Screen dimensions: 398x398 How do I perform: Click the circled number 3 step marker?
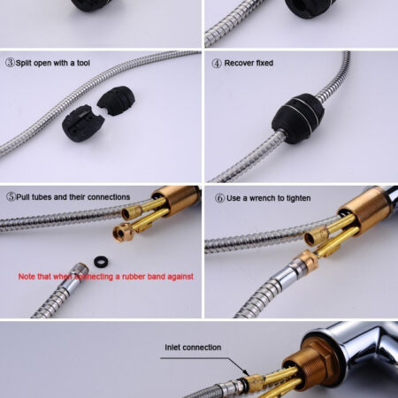pos(10,63)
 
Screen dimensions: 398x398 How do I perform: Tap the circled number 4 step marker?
pos(217,64)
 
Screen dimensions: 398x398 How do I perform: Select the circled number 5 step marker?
pos(11,196)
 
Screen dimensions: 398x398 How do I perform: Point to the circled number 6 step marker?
pos(220,198)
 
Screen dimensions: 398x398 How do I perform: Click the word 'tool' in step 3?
pos(83,63)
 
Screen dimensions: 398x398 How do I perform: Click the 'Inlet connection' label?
pos(193,348)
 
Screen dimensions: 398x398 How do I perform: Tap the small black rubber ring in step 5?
pos(101,262)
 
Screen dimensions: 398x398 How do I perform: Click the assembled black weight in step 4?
pos(298,119)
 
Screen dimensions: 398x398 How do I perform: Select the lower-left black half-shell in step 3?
pos(83,123)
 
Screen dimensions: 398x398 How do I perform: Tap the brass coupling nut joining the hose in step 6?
pos(306,261)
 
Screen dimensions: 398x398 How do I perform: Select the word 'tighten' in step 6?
pos(299,198)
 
